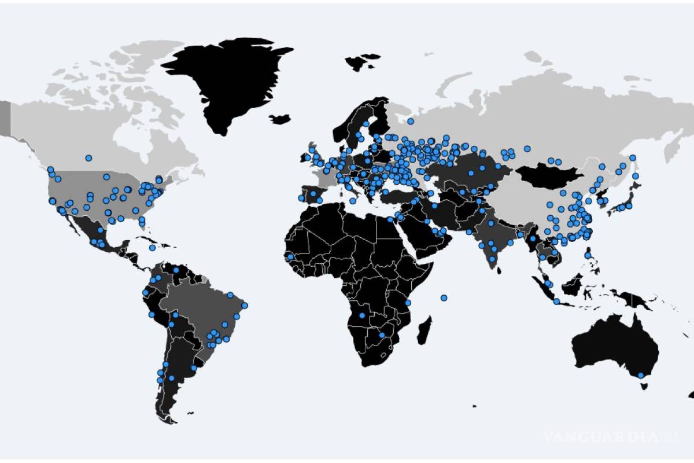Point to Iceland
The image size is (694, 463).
280,119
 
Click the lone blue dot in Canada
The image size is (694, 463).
88,158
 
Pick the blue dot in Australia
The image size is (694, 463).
641,376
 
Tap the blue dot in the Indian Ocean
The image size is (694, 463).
444,297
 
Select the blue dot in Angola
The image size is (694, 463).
362,315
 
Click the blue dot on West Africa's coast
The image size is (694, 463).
290,256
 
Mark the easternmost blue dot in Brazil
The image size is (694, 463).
244,305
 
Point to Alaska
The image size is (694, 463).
6,119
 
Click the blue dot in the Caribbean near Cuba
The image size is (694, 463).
152,247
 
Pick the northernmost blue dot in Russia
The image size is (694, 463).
410,122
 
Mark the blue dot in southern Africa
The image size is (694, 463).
381,335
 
